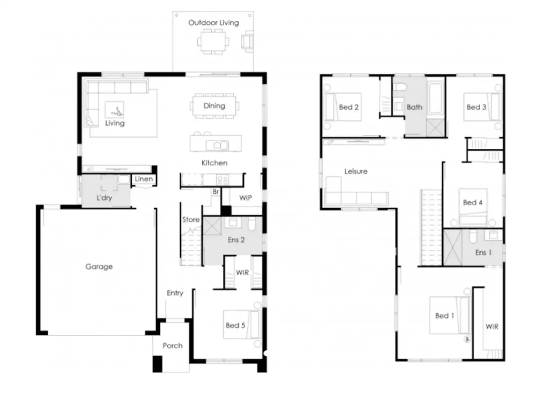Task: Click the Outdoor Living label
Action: point(214,23)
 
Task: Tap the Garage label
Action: point(99,266)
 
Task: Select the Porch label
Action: point(172,346)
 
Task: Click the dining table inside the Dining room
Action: point(214,106)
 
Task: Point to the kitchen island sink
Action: point(217,145)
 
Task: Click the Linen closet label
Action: point(144,179)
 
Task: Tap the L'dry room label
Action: point(104,198)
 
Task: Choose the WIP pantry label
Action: point(246,198)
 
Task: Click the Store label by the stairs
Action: point(191,220)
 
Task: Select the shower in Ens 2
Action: point(212,226)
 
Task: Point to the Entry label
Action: point(175,293)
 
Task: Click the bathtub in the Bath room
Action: point(436,99)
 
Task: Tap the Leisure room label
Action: point(356,172)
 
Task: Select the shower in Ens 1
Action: point(453,247)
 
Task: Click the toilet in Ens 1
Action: point(473,236)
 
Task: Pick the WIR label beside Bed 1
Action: point(492,327)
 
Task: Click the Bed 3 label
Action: point(476,107)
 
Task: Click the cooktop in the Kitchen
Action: point(222,180)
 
